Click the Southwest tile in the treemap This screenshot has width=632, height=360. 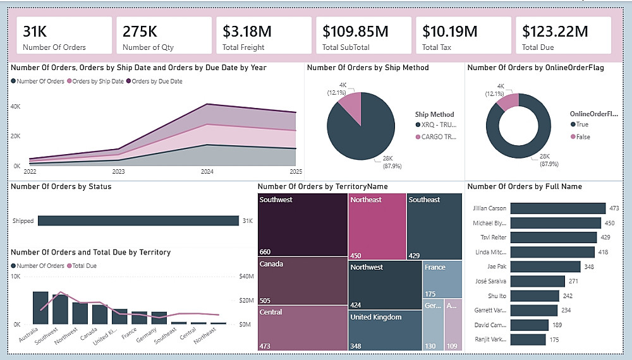pyautogui.click(x=303, y=224)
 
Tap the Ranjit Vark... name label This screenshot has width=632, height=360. pyautogui.click(x=489, y=340)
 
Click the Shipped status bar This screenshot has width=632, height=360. pyautogui.click(x=138, y=221)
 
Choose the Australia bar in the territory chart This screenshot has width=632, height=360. pyautogui.click(x=40, y=308)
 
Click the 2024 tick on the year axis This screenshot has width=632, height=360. pyautogui.click(x=207, y=172)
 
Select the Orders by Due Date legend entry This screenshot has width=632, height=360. pyautogui.click(x=157, y=81)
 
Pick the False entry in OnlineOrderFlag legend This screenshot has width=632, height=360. pyautogui.click(x=582, y=136)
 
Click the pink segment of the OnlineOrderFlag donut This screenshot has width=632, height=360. pyautogui.click(x=507, y=102)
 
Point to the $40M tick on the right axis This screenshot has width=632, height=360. pyautogui.click(x=246, y=277)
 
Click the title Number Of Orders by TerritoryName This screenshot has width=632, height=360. pyautogui.click(x=323, y=186)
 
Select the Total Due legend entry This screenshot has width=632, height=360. pyautogui.click(x=84, y=266)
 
